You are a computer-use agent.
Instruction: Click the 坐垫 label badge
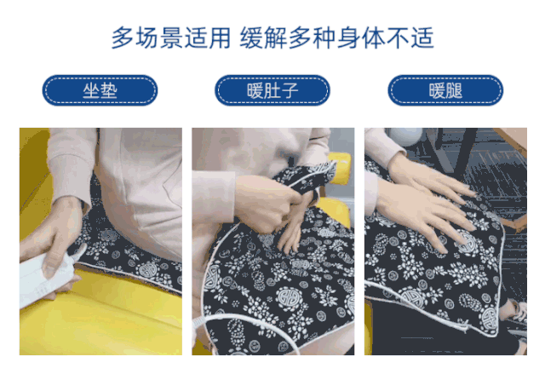100,90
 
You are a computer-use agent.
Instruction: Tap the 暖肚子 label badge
272,90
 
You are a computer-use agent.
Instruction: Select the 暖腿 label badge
445,90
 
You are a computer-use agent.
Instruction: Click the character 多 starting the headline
123,37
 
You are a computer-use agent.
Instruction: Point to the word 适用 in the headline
208,37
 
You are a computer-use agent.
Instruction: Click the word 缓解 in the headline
263,37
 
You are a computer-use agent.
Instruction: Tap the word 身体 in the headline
361,37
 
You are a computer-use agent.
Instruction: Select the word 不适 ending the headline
410,37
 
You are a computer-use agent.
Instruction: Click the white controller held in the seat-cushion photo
49,274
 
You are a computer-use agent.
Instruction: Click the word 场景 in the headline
158,37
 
